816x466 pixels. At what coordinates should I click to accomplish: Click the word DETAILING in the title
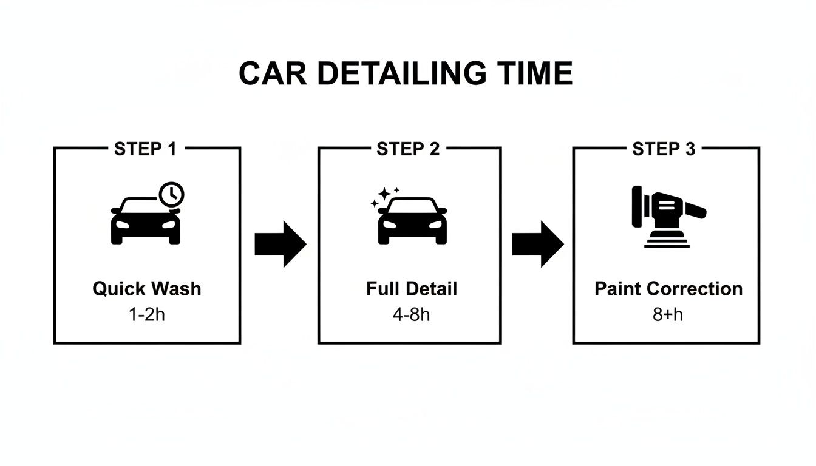(401, 74)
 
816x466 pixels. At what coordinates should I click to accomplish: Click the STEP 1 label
(145, 149)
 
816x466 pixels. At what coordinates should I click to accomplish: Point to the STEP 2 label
(408, 149)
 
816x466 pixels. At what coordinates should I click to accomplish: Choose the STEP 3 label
(664, 149)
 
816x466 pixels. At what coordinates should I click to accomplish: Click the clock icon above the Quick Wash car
(172, 194)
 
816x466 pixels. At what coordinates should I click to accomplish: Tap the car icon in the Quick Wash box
(145, 221)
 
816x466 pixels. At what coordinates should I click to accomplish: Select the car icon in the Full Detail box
(412, 221)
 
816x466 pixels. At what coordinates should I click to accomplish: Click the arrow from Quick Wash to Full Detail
(280, 244)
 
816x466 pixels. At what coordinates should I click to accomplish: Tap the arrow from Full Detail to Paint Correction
(538, 244)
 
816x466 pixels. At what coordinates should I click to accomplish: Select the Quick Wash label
(146, 288)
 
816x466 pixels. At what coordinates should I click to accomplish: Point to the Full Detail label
(412, 288)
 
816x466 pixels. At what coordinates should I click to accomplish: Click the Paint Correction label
(668, 288)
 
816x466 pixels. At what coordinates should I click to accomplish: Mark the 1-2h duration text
(146, 314)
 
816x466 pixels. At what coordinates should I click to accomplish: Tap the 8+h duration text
(668, 314)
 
